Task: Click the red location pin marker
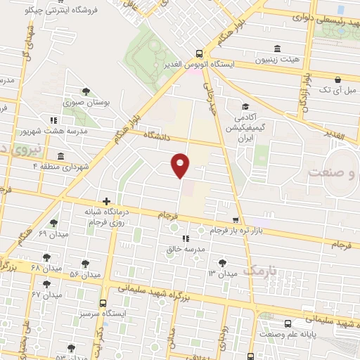[181, 165]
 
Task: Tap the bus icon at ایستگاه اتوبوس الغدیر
[200, 53]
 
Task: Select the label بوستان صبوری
[86, 103]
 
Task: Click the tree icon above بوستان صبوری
[86, 91]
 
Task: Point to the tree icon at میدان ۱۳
[223, 262]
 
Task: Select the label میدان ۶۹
[52, 233]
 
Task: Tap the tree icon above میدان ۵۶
[85, 263]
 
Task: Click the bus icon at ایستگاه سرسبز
[103, 302]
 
